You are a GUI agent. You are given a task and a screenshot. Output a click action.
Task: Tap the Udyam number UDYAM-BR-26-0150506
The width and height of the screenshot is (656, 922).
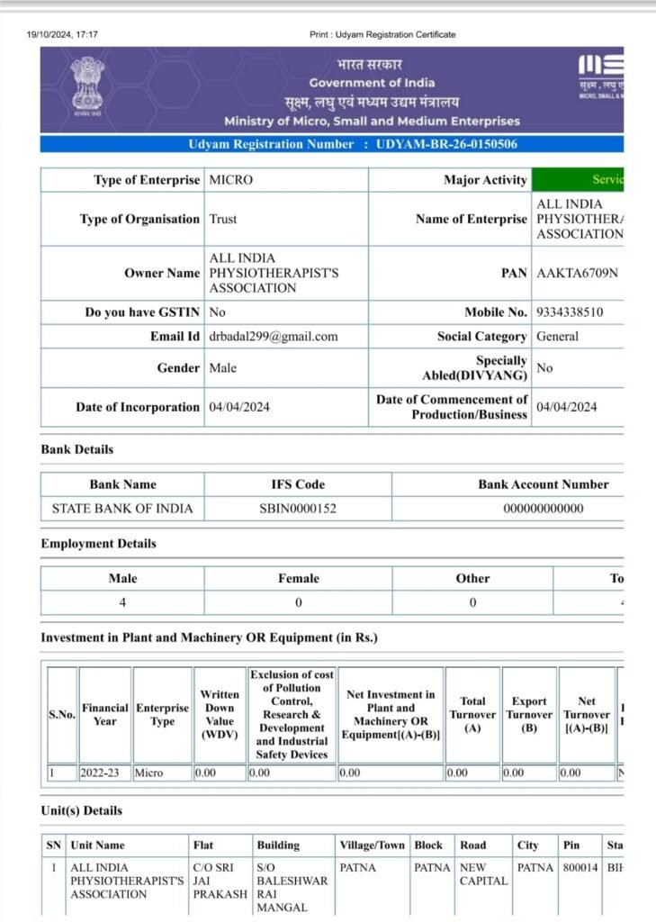point(446,144)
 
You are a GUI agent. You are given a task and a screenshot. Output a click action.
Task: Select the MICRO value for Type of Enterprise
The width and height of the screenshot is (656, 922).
point(231,180)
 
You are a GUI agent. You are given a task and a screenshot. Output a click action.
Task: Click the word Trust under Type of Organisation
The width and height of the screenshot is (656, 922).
point(223,219)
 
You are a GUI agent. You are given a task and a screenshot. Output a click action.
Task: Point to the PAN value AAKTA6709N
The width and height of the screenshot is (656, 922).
point(578,273)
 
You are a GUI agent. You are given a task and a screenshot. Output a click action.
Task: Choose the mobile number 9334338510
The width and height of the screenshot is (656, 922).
point(570,312)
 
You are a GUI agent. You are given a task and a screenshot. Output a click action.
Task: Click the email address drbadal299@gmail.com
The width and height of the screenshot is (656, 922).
point(274,337)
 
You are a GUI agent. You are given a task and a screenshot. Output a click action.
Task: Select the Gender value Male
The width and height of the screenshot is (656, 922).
point(224,368)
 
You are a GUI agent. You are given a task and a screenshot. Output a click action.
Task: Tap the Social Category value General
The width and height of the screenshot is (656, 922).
point(557,337)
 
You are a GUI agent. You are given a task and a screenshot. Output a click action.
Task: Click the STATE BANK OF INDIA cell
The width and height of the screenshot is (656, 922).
point(122,509)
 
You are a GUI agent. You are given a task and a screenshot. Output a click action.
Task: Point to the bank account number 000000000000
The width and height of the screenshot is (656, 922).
point(543,509)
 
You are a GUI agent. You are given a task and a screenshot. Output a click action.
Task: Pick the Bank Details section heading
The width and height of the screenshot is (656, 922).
point(77,449)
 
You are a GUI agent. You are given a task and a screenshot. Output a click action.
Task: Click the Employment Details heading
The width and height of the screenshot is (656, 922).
point(98,544)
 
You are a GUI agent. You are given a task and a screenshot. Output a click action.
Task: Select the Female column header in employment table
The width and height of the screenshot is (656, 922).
point(298,579)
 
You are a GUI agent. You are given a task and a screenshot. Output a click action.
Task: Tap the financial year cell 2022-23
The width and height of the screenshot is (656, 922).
point(101,773)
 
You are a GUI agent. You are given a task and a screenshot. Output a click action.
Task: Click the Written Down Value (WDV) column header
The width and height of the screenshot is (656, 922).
point(220,715)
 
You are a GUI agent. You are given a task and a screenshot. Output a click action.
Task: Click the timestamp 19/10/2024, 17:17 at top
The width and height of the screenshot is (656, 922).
point(62,35)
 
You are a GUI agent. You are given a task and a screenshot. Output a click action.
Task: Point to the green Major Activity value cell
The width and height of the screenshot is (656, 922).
point(578,180)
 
